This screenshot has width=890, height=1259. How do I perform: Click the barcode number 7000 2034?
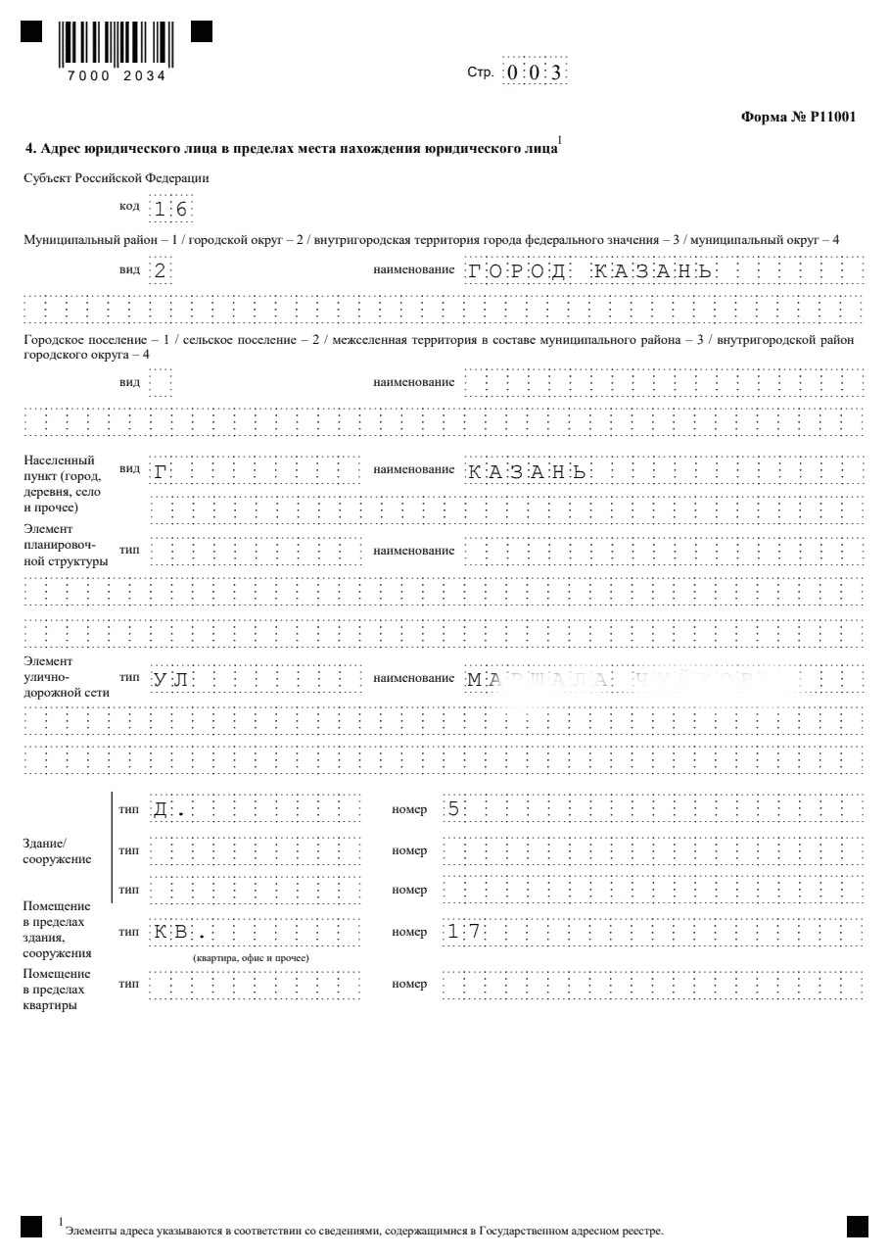tap(117, 75)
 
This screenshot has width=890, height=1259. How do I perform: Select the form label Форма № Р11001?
tap(799, 118)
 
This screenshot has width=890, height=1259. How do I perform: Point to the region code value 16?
tap(170, 209)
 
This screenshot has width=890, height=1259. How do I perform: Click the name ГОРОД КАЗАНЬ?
tap(588, 271)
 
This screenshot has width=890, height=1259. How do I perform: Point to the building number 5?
tap(453, 810)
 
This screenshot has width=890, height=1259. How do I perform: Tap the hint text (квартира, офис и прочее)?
tap(252, 956)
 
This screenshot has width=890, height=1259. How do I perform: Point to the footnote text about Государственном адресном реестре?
tap(363, 1230)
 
